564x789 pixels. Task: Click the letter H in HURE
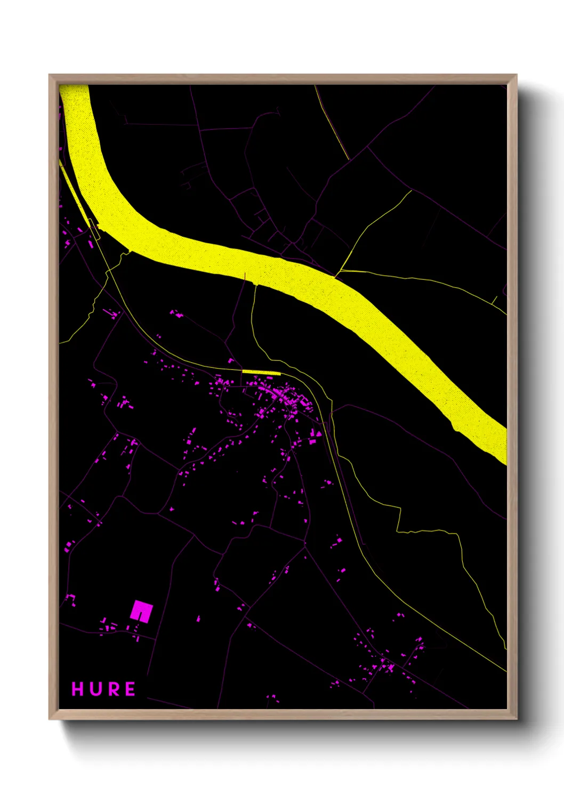point(78,689)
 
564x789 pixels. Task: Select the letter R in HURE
point(112,689)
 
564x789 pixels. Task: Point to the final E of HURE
point(130,689)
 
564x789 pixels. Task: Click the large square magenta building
point(141,611)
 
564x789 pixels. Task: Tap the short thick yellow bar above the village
point(261,372)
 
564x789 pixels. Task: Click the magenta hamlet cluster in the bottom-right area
point(386,664)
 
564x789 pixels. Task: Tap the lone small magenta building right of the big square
point(198,618)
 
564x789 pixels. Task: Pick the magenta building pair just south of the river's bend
point(176,314)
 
